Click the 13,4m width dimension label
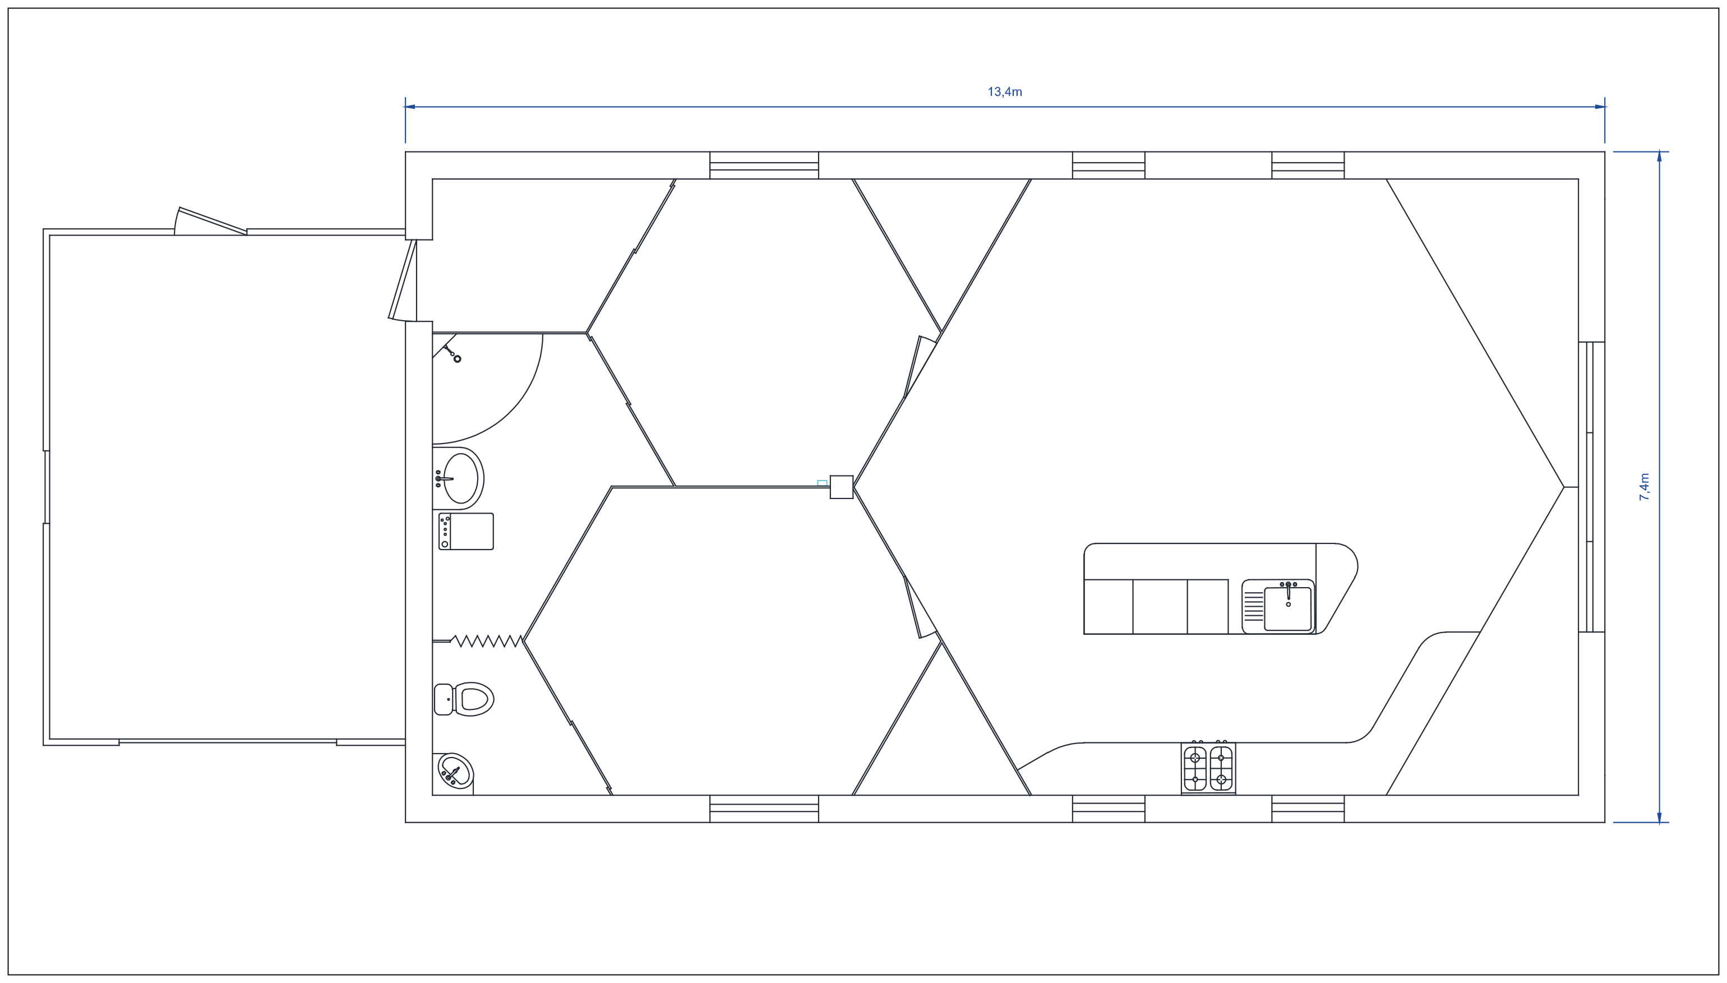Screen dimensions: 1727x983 pos(1004,92)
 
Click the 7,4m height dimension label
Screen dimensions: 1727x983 pos(1644,487)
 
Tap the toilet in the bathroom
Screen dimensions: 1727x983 pos(464,699)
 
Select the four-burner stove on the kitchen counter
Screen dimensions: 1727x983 pos(1208,768)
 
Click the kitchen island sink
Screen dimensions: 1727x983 pos(1278,606)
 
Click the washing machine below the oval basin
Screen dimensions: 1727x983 pos(465,532)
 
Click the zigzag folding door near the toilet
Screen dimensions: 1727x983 pos(486,641)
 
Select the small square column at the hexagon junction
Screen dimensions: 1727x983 pos(841,487)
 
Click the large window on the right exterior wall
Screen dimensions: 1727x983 pos(1591,487)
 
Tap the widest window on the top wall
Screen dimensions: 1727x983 pos(764,165)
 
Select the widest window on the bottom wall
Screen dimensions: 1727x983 pos(764,809)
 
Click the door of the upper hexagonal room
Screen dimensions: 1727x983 pos(921,367)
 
